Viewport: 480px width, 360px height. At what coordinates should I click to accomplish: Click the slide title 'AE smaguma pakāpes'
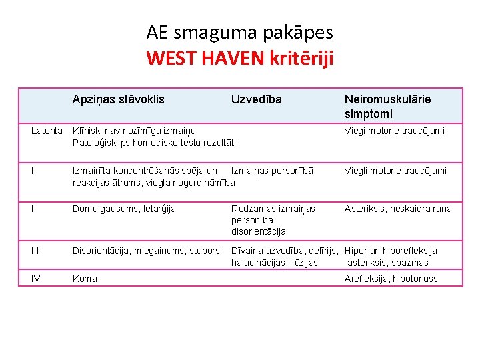239,31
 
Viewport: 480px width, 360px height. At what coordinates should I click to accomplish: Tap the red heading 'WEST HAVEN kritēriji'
239,58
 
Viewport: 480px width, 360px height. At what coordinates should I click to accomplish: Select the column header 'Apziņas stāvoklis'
119,99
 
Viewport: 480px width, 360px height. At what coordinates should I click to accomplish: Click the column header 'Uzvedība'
256,99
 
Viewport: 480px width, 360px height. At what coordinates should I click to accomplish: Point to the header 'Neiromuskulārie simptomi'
387,105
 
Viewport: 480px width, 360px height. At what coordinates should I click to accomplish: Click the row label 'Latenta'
47,131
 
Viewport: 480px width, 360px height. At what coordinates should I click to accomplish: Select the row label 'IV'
36,279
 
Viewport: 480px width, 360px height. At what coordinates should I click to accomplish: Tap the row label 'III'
37,251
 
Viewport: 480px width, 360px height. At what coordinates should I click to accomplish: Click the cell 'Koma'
85,279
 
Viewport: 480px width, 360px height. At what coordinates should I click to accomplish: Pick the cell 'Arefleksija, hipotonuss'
391,279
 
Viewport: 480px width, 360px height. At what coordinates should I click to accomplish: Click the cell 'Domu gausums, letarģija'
124,209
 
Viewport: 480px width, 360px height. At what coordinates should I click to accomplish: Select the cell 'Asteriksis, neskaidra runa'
397,209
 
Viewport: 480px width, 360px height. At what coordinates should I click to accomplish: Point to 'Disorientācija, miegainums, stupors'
146,251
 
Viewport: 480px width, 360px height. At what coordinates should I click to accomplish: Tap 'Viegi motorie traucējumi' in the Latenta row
394,131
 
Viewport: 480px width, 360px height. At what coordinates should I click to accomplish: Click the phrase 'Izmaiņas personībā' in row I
271,171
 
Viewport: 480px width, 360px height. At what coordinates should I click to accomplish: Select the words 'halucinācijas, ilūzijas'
274,263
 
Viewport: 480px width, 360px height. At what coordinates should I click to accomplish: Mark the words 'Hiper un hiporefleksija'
391,251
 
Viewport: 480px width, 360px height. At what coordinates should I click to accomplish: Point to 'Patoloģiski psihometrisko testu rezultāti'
154,142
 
